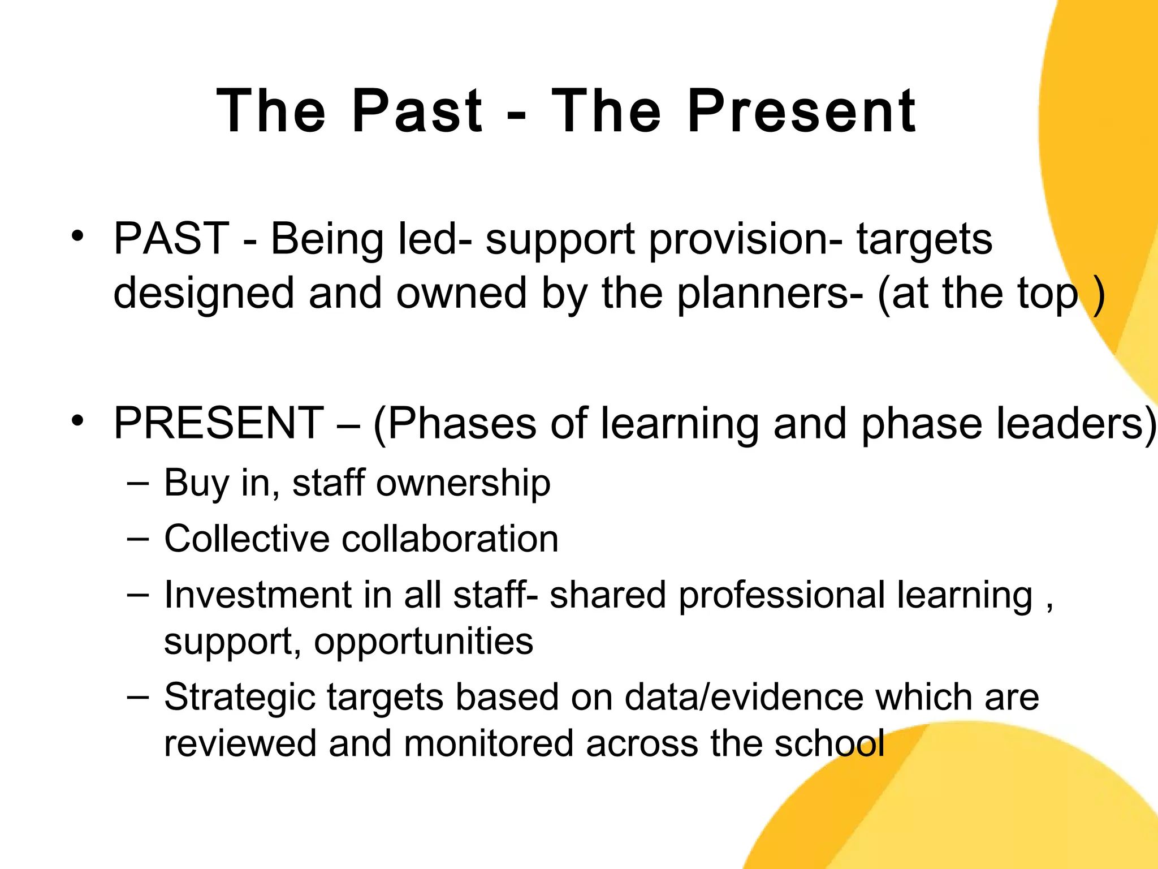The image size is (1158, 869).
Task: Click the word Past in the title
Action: [417, 111]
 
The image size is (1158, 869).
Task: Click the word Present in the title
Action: [801, 111]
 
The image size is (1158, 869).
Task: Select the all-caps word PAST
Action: [171, 239]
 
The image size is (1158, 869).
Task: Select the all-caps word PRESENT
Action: [219, 423]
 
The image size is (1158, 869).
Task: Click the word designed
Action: [204, 294]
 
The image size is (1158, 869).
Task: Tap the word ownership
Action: [463, 483]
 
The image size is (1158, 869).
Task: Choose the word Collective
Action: [247, 538]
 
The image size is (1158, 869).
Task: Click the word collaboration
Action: [450, 538]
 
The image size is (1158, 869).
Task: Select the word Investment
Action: [258, 595]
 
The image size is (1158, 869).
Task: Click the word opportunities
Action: [424, 642]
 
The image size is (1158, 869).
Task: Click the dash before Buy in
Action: [139, 483]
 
